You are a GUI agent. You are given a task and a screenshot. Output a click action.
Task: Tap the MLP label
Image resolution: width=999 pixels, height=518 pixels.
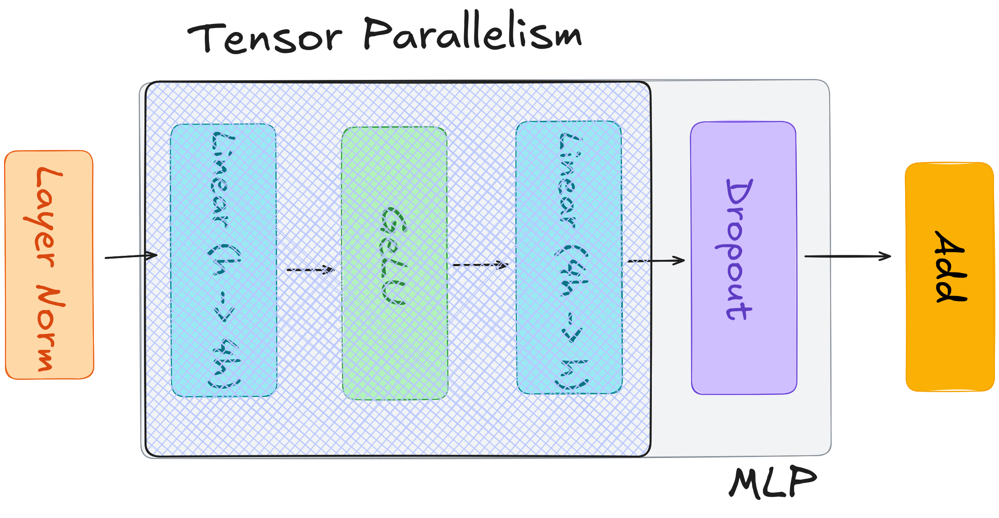pos(773,483)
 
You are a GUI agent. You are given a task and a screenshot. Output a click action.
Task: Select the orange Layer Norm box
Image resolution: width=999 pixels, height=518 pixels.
pos(49,265)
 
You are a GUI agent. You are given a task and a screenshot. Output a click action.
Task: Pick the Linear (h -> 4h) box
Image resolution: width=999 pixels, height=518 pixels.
pos(224,260)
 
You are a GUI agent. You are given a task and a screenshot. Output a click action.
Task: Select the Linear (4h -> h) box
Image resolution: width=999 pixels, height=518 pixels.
pos(569,258)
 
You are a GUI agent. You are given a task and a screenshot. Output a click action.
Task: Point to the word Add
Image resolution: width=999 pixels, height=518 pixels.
pos(950,266)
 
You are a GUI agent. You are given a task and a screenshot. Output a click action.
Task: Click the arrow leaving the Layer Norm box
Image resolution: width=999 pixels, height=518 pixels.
pos(131,256)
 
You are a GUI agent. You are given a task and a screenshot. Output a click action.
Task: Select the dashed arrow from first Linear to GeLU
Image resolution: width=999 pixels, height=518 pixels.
pos(310,270)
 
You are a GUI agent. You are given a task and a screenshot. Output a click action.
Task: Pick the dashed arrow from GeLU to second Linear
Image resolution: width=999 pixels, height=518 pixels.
pos(480,265)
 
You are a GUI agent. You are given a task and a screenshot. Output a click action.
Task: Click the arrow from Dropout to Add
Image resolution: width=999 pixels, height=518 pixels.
pos(847,256)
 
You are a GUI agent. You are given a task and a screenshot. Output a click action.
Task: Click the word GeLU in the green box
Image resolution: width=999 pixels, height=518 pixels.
pos(394,256)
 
